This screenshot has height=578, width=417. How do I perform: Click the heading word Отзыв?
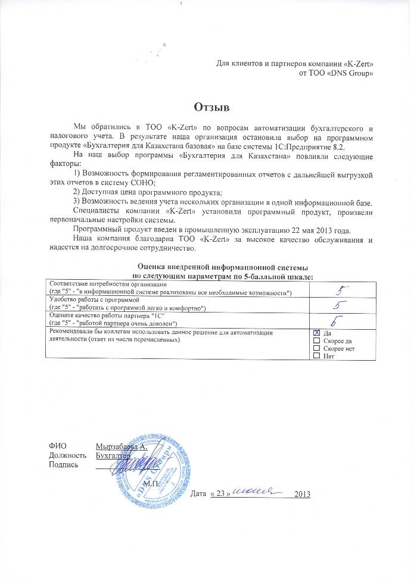click(x=211, y=107)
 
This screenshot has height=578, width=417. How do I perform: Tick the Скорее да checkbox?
click(x=316, y=340)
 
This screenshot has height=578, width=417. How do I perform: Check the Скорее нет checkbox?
click(x=316, y=348)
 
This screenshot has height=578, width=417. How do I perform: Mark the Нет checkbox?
click(x=316, y=356)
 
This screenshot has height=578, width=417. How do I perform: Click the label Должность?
click(x=65, y=455)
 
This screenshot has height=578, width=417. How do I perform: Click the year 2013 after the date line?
click(x=303, y=494)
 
